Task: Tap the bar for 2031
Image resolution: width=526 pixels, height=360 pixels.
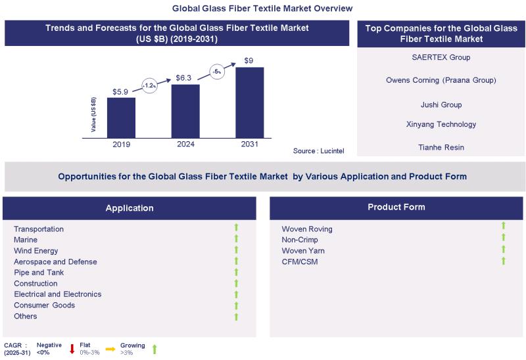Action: [x=249, y=102]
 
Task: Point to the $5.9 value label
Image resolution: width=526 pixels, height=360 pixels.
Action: [x=121, y=91]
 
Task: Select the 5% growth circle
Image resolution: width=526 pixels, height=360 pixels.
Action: [x=216, y=70]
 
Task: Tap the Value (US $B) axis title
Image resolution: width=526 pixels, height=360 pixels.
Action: [x=94, y=115]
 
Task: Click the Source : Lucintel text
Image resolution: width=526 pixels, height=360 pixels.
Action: [x=319, y=152]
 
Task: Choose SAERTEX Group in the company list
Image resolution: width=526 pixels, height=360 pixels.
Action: [x=441, y=57]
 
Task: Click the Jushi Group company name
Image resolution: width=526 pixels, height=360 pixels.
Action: [x=441, y=104]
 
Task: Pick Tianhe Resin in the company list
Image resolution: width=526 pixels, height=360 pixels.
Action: [x=441, y=147]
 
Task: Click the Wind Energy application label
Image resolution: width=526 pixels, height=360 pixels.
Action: [x=36, y=251]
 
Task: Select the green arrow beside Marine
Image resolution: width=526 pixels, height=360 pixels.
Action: [x=236, y=239]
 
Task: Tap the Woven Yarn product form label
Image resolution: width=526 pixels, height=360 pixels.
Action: [x=303, y=251]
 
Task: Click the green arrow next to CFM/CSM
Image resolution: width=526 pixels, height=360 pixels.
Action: [x=504, y=261]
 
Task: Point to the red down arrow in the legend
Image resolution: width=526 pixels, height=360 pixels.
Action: [x=72, y=349]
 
